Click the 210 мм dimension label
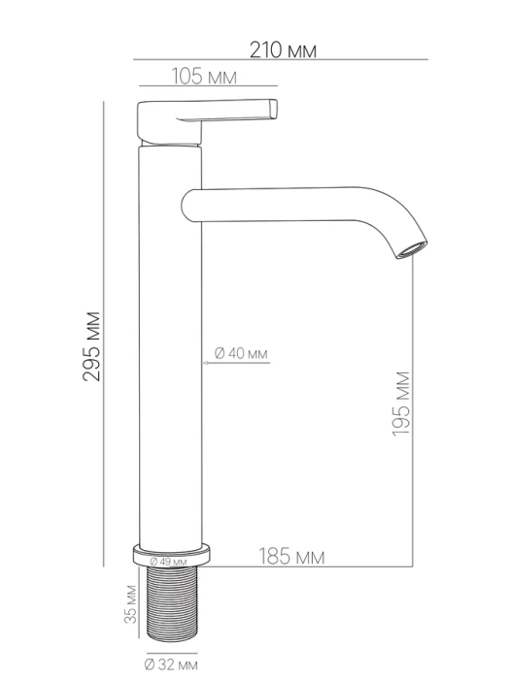click(x=283, y=50)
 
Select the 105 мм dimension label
click(x=204, y=77)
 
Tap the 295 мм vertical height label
click(x=91, y=346)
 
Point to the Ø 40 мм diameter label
click(x=241, y=353)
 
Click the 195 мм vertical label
click(x=400, y=404)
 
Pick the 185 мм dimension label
click(x=291, y=556)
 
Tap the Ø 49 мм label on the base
click(x=168, y=562)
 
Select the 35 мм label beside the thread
click(x=130, y=604)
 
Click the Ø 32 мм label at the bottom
click(x=171, y=664)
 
